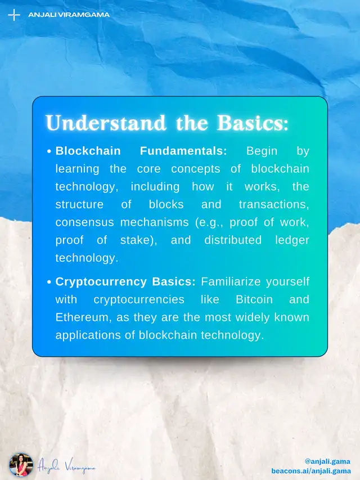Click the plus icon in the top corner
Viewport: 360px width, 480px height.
tap(14, 15)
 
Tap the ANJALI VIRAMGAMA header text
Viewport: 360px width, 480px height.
tap(69, 15)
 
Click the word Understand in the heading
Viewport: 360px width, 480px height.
tap(106, 123)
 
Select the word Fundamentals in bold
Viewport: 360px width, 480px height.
tap(183, 151)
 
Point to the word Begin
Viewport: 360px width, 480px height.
tap(262, 151)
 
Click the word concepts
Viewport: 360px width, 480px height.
tap(196, 169)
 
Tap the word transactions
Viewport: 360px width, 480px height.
tap(274, 204)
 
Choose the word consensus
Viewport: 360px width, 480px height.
tap(84, 222)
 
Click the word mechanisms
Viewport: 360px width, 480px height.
tap(155, 222)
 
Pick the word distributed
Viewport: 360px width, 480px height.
tap(233, 240)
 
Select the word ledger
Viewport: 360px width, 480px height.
tap(292, 240)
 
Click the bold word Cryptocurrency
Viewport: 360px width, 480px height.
tap(101, 282)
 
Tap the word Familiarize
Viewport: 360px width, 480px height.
tap(231, 281)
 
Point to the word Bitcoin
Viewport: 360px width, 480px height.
tap(254, 299)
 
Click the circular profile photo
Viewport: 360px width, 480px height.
tap(21, 465)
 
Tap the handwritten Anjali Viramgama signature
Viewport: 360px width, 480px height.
tap(67, 466)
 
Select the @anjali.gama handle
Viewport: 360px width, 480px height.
tap(327, 461)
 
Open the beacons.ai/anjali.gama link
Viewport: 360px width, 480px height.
tap(311, 471)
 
